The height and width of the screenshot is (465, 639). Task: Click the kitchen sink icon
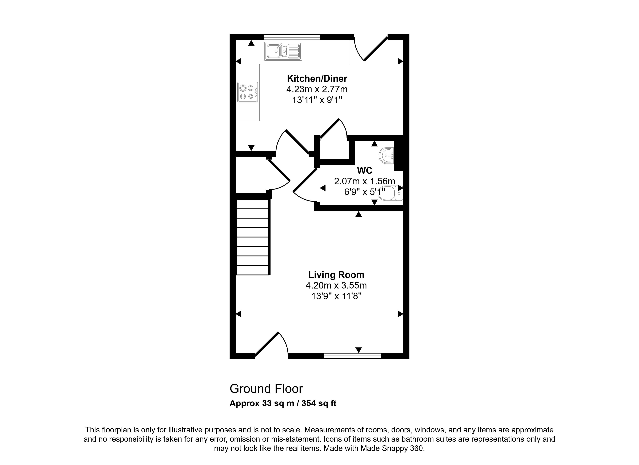[283, 51]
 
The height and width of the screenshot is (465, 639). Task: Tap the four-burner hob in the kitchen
[248, 92]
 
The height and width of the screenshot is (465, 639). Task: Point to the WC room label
[365, 170]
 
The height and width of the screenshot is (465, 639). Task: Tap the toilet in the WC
[390, 193]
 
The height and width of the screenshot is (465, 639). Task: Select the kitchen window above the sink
[292, 37]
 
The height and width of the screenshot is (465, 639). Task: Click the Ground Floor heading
[266, 389]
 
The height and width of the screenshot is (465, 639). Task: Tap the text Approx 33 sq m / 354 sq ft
[283, 404]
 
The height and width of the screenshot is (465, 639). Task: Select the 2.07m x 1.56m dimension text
[365, 181]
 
